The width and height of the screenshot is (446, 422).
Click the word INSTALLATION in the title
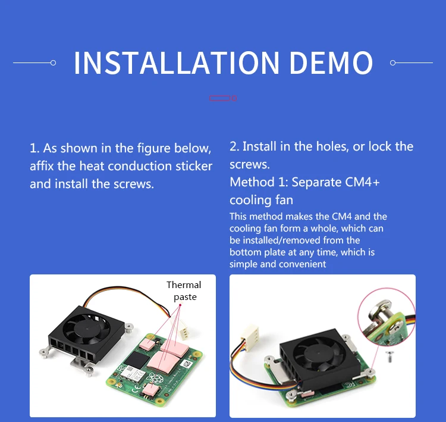176,63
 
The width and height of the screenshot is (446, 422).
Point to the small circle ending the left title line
54,62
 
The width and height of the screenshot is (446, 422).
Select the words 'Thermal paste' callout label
184,290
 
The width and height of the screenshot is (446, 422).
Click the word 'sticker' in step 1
193,166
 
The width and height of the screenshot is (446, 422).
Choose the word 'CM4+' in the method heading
362,182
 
